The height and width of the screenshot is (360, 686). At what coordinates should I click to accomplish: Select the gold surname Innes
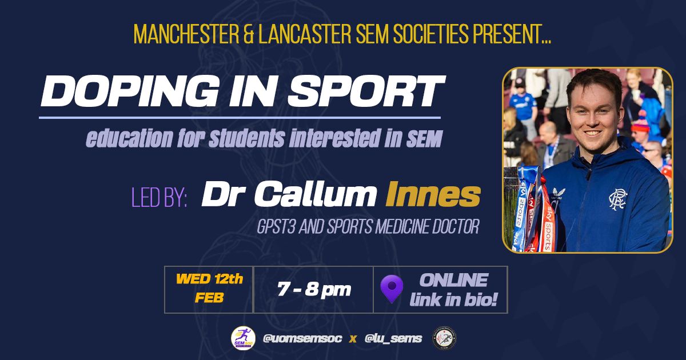[433, 194]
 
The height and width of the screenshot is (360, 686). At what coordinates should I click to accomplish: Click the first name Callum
[316, 194]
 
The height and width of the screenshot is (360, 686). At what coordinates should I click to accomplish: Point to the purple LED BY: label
[159, 198]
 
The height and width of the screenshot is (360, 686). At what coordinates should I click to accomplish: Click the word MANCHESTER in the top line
[186, 34]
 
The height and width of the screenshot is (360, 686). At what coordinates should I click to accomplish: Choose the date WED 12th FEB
[209, 289]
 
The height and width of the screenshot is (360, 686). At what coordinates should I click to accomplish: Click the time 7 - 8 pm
[314, 289]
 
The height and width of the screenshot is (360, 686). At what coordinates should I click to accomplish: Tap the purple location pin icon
[392, 289]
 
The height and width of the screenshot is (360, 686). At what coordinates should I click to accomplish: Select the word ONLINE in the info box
[453, 280]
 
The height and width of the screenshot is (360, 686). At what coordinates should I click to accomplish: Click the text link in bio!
[453, 299]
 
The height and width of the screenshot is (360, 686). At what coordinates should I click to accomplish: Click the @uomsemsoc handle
[302, 338]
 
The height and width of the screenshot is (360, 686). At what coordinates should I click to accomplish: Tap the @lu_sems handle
[393, 338]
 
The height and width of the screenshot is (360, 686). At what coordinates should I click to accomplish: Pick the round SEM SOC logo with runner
[243, 338]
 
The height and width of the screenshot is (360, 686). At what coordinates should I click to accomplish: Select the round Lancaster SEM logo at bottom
[444, 338]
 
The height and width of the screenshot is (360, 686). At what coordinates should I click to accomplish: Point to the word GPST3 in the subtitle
[276, 226]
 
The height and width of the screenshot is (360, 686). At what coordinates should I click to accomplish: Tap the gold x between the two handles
[353, 339]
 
